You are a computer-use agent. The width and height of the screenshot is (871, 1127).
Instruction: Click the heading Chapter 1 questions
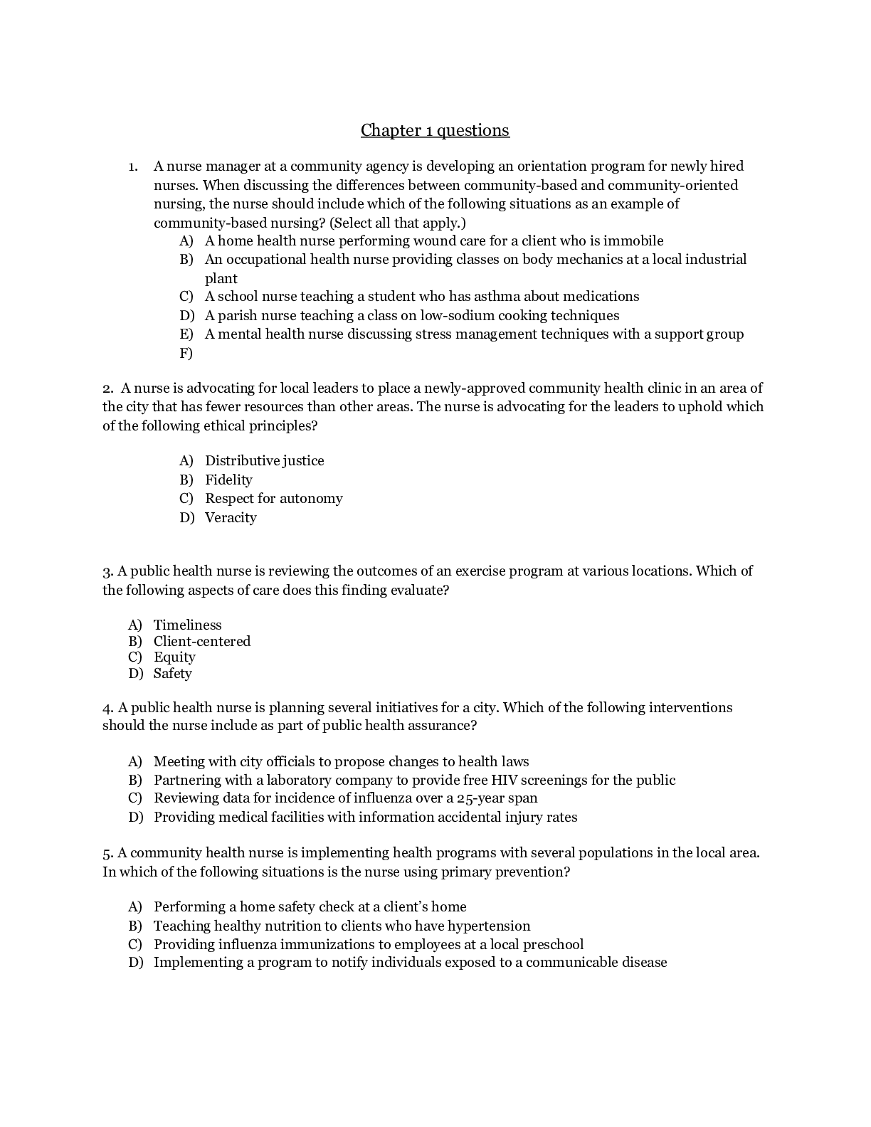(435, 130)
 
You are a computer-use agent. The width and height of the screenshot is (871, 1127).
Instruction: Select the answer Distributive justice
(264, 461)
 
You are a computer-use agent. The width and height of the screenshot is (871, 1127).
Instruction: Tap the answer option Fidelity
(228, 480)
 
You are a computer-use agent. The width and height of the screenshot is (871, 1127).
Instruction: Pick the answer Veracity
(231, 518)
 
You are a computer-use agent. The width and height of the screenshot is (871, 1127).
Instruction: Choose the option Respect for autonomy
(273, 499)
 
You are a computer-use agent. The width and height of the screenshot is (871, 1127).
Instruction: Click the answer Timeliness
(187, 625)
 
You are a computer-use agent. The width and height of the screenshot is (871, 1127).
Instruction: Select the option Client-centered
(202, 642)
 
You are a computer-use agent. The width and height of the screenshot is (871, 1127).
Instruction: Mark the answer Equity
(174, 657)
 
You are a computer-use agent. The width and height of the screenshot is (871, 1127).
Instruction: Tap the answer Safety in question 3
(172, 674)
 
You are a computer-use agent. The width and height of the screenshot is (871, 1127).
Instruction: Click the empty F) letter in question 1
(186, 354)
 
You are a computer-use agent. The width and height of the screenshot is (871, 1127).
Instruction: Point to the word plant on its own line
(221, 279)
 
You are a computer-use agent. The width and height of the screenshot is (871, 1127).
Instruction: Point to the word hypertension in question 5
(489, 926)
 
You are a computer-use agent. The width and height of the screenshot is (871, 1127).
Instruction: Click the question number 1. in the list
(133, 167)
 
